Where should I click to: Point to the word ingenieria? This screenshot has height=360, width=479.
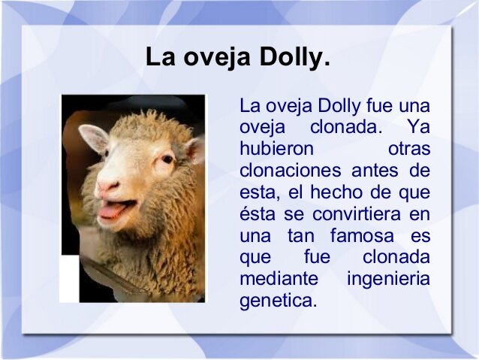click(388, 279)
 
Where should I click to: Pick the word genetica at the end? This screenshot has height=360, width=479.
click(278, 301)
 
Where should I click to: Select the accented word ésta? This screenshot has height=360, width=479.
click(258, 213)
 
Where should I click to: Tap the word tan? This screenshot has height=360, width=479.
click(300, 235)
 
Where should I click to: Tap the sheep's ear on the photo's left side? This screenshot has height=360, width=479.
click(93, 138)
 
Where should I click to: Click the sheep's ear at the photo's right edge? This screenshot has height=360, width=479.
click(195, 149)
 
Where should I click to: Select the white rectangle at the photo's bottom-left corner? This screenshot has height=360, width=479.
click(70, 279)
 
